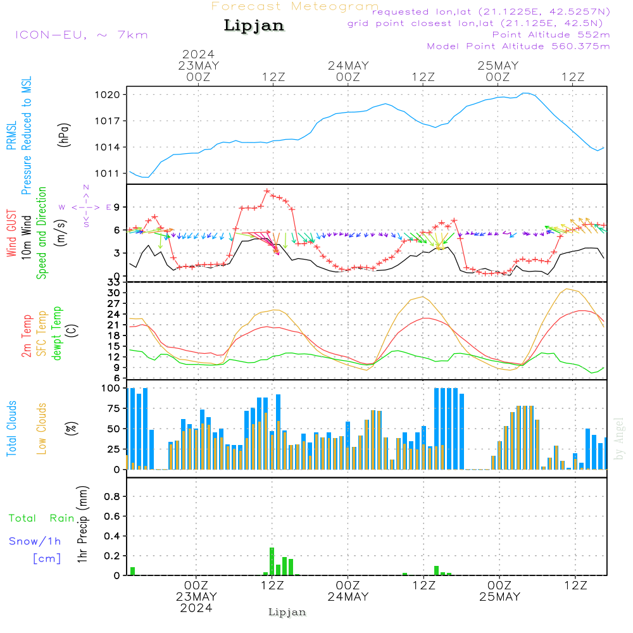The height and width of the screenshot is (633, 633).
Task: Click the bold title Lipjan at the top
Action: tap(254, 26)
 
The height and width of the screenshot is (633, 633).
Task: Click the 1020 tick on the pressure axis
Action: tap(108, 96)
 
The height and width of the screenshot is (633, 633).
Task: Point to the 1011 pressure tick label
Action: tap(108, 173)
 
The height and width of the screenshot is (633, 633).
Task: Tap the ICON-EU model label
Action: tap(82, 35)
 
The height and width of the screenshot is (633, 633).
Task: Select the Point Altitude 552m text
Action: tap(551, 35)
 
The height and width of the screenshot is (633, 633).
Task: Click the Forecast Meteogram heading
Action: tap(295, 6)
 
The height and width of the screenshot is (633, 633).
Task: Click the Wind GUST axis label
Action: tap(11, 234)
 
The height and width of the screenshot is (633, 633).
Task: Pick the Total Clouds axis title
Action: tap(11, 429)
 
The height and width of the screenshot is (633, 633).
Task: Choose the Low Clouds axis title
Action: tap(41, 429)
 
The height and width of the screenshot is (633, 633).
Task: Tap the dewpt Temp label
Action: tap(56, 333)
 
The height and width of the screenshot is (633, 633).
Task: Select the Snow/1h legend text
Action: tap(35, 541)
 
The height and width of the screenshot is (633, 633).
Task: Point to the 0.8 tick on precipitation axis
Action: tap(112, 496)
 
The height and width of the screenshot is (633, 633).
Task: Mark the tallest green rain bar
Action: tap(272, 561)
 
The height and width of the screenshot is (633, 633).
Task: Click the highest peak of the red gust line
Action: tap(267, 191)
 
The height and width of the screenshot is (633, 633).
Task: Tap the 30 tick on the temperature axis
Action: tap(114, 293)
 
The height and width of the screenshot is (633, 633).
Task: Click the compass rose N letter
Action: tap(86, 188)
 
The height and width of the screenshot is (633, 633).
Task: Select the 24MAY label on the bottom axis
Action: tap(348, 597)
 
